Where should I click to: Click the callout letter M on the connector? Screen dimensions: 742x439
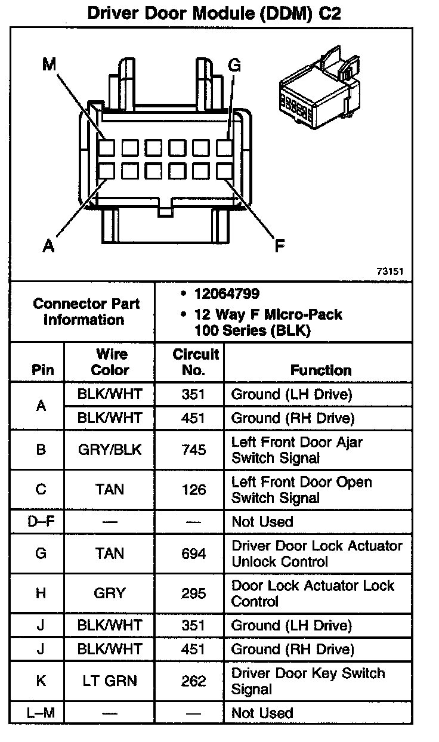click(49, 64)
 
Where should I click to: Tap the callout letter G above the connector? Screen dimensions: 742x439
click(234, 65)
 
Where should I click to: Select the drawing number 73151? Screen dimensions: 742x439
click(390, 271)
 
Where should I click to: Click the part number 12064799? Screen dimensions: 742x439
click(227, 294)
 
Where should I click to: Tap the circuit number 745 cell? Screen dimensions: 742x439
click(193, 450)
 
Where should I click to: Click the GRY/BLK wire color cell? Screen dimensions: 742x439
click(110, 450)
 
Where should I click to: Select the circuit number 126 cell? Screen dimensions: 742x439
click(193, 490)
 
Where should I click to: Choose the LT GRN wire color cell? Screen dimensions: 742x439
click(110, 681)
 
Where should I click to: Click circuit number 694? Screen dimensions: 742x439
click(193, 554)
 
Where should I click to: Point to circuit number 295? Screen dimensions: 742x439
click(193, 593)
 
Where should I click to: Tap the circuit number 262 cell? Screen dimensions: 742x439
click(193, 681)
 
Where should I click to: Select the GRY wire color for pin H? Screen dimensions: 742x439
click(110, 593)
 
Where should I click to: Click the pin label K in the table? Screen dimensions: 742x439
click(41, 681)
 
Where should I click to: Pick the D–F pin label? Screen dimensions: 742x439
click(41, 522)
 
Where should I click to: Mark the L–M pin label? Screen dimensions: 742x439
click(41, 713)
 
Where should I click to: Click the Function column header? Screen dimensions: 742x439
click(321, 370)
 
